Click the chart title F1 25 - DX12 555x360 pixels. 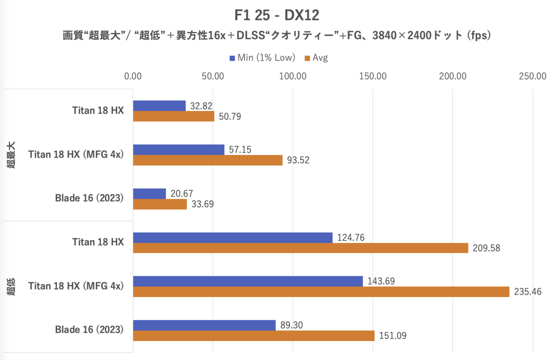pos(277,15)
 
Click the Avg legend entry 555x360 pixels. pos(316,58)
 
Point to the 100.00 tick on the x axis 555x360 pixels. pos(293,76)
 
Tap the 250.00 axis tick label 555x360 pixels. pos(533,76)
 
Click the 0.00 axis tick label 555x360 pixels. pos(133,76)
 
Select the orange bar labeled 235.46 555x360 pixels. pos(321,292)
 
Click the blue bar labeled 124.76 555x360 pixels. pos(233,237)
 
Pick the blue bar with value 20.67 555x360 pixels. pos(149,193)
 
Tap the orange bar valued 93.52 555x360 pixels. pos(208,160)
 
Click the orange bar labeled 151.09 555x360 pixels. pos(254,335)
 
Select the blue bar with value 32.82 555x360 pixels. pos(160,106)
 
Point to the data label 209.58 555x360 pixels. pos(486,248)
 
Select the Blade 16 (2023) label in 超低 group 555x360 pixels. pos(89,330)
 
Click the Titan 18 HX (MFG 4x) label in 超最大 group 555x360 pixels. pos(76,155)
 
